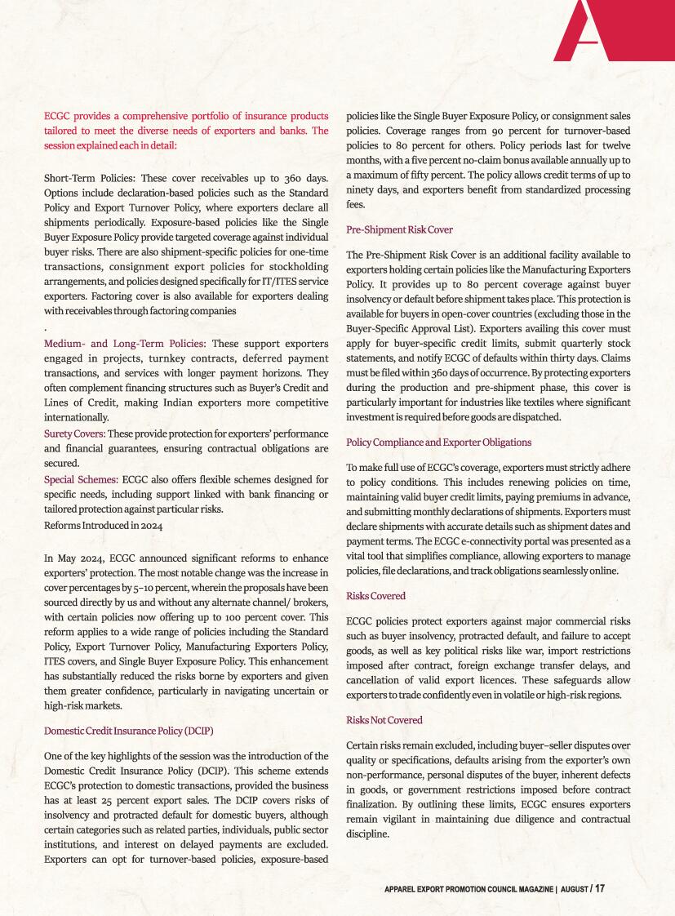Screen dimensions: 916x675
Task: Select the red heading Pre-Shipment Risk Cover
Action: tap(399, 229)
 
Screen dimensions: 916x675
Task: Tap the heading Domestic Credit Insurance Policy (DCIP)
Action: tap(128, 729)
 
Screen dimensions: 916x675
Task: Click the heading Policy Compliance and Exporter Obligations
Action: tap(438, 442)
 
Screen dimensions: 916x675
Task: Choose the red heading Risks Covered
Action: tap(375, 596)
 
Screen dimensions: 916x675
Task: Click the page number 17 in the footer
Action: tap(600, 888)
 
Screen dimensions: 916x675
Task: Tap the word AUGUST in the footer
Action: tap(571, 889)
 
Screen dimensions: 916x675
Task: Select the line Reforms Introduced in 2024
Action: tap(103, 525)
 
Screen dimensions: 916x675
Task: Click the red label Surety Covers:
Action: tap(73, 433)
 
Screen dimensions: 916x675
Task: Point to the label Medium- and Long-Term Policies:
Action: tap(124, 343)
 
